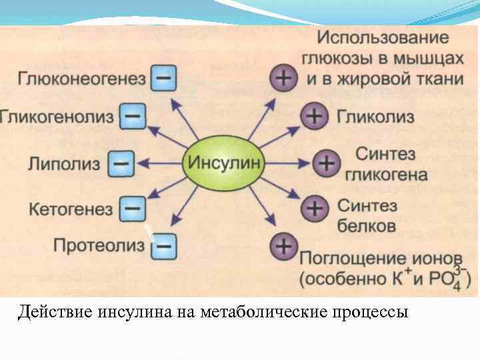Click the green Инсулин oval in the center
click(x=225, y=162)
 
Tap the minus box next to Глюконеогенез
click(x=163, y=79)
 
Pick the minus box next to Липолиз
click(x=121, y=163)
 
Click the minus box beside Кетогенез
click(x=132, y=209)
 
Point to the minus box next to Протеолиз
click(x=163, y=246)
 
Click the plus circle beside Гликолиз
click(x=314, y=117)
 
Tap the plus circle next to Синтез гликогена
click(x=325, y=163)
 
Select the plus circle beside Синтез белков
click(x=314, y=208)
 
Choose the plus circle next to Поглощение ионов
click(x=283, y=247)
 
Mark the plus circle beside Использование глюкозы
click(x=283, y=79)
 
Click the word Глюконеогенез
click(x=81, y=79)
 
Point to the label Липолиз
click(x=64, y=163)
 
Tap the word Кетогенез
click(x=71, y=209)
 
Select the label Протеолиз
click(x=99, y=246)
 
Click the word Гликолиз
click(x=375, y=117)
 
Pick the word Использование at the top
click(x=383, y=37)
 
